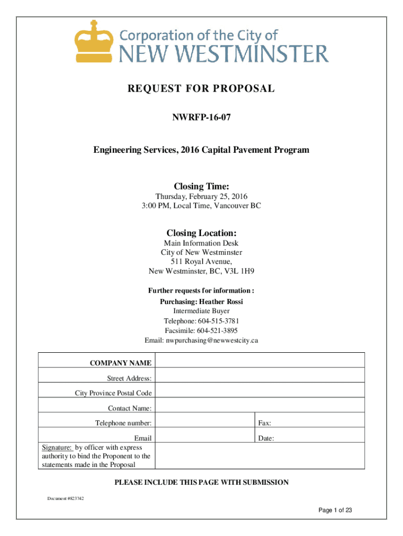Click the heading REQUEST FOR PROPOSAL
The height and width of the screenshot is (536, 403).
click(201, 88)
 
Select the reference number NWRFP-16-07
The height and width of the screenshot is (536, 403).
click(201, 119)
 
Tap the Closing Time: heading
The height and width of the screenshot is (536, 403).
click(201, 186)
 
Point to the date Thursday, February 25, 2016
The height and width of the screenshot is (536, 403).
click(201, 196)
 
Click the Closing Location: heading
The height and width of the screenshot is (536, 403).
click(201, 233)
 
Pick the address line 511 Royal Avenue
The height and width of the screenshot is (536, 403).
click(201, 262)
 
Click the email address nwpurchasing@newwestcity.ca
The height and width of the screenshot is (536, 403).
click(212, 340)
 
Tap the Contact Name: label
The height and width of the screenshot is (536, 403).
click(130, 408)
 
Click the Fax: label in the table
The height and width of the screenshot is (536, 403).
click(264, 423)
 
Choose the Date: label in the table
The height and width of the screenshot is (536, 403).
click(266, 438)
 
